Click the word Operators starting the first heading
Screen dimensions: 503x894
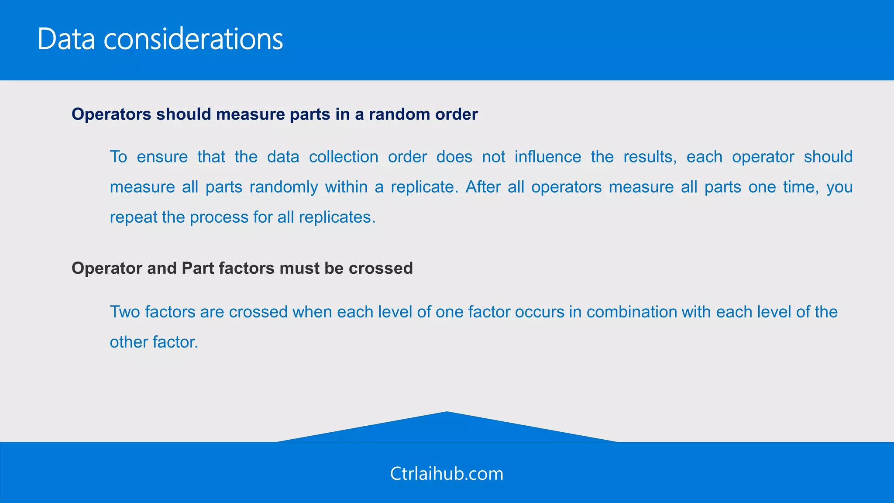pos(111,114)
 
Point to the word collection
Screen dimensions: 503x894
pos(344,157)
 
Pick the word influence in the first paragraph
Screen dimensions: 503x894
pos(548,157)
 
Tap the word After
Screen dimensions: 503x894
pos(482,187)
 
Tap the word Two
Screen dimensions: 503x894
pos(125,312)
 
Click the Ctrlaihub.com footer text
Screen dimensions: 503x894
pos(447,474)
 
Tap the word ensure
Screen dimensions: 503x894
pos(162,157)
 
